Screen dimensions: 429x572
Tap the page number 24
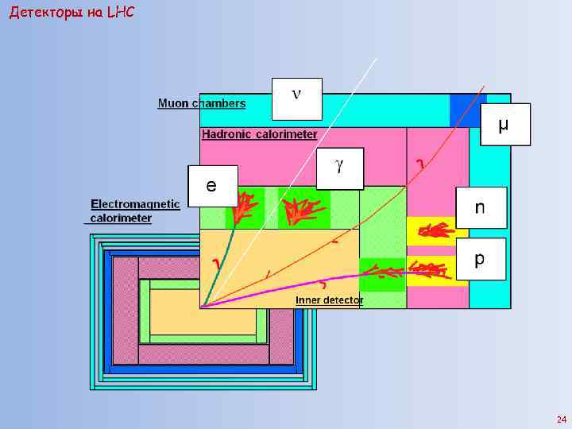[x=562, y=419]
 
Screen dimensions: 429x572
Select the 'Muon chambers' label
[x=202, y=103]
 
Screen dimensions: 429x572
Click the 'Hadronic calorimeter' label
[x=259, y=134]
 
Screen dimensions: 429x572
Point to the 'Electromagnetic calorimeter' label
[x=135, y=211]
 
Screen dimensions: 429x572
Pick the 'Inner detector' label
[x=329, y=300]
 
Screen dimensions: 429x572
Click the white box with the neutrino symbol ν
[x=296, y=99]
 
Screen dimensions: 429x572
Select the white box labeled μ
[x=504, y=124]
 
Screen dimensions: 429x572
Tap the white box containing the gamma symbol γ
[x=339, y=168]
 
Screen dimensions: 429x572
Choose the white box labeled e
[x=212, y=187]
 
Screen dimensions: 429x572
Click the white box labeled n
[x=480, y=208]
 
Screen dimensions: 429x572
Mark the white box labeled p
[x=480, y=259]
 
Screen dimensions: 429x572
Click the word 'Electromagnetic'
[x=135, y=204]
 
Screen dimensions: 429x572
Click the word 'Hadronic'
[x=227, y=134]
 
